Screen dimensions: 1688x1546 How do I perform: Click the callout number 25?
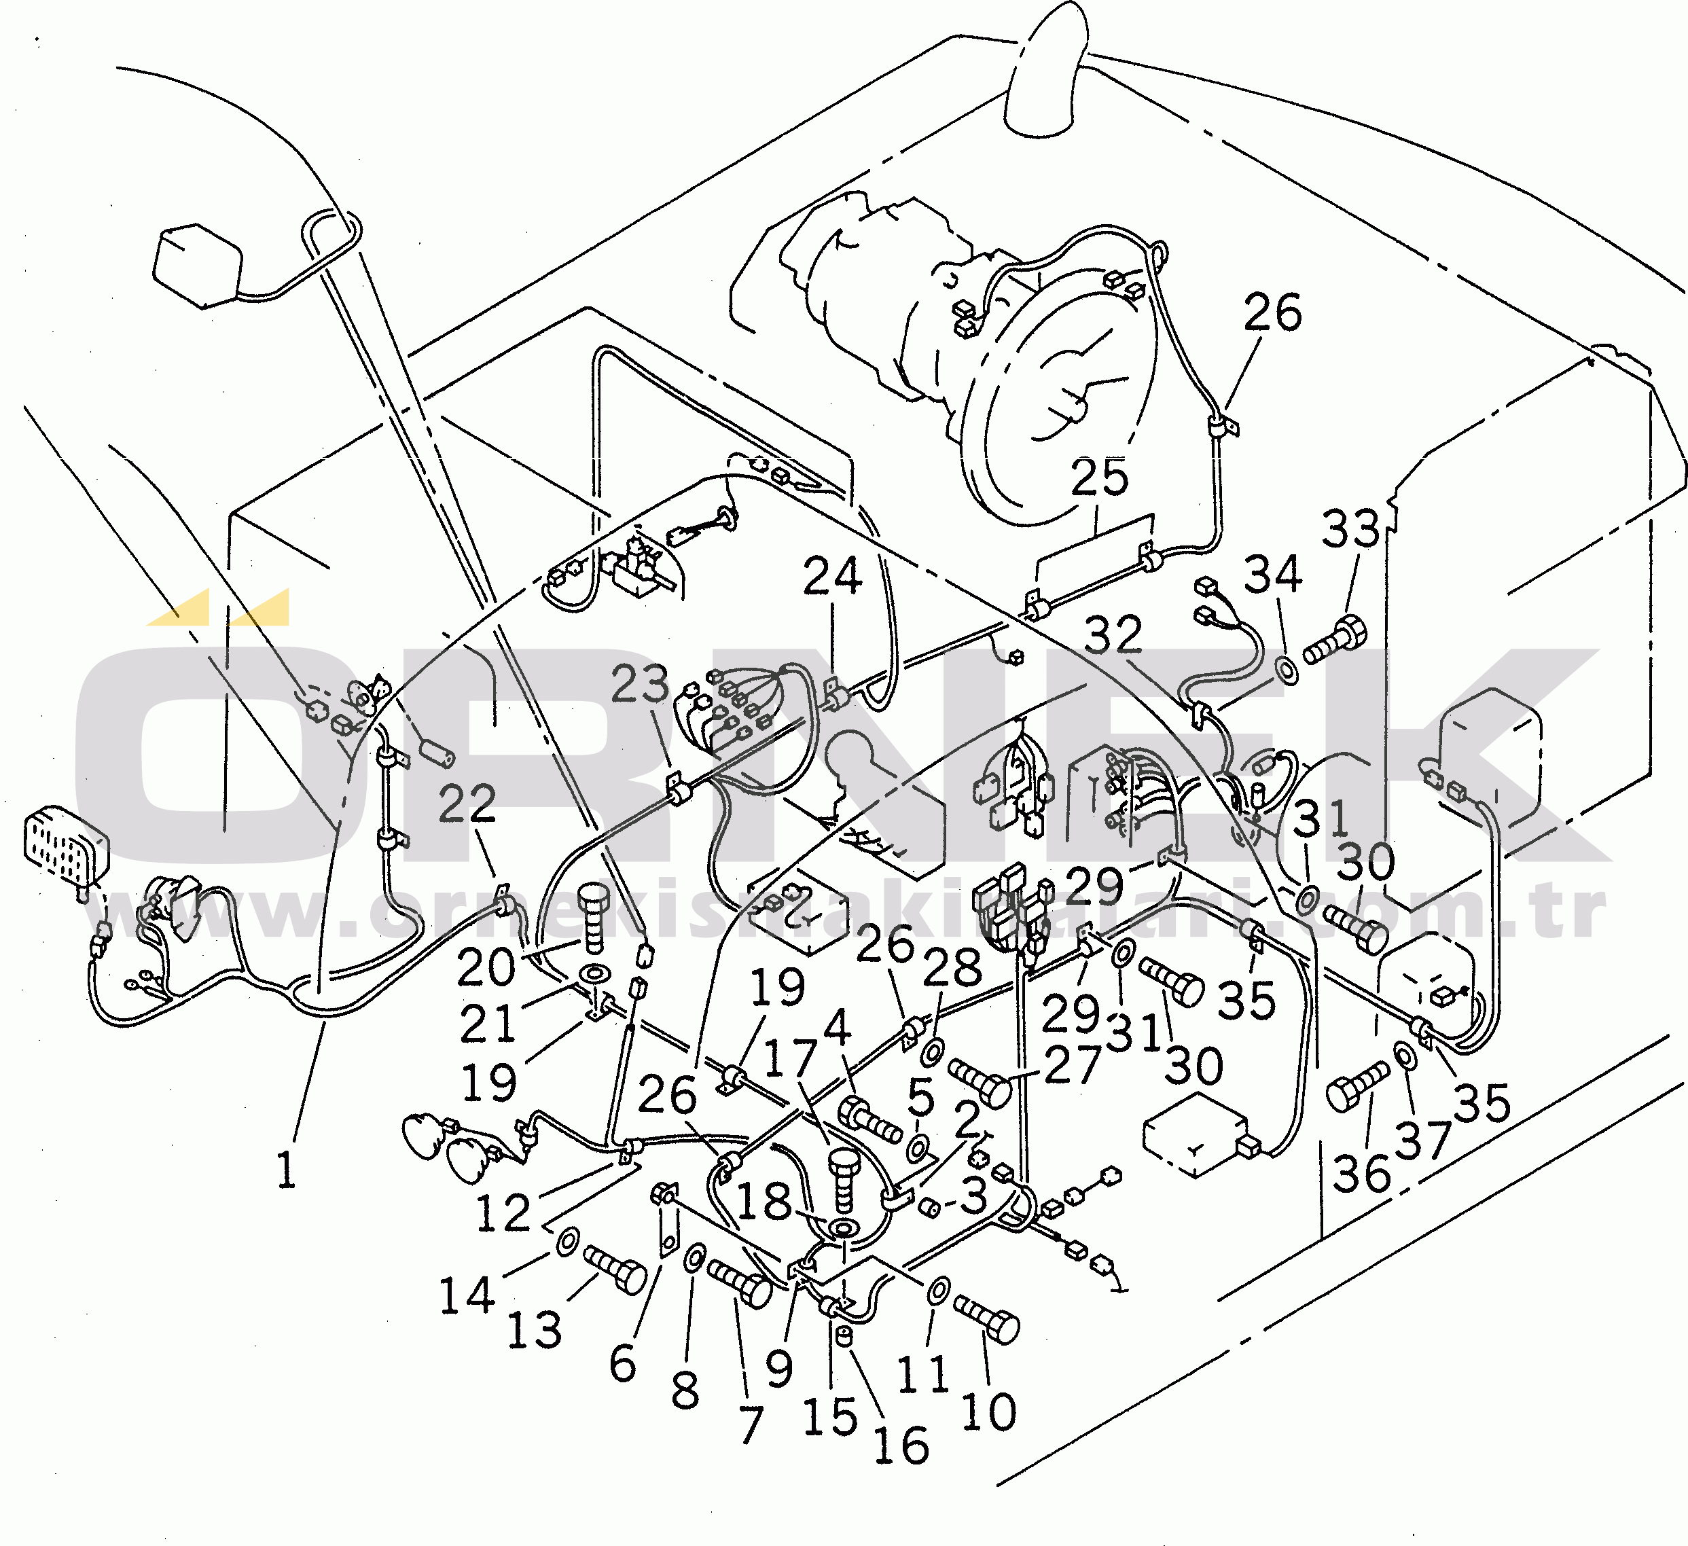1099,478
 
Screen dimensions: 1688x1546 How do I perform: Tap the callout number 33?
1350,528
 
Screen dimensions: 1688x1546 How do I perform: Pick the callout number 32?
1113,635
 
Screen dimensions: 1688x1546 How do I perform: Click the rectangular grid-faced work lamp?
65,848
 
